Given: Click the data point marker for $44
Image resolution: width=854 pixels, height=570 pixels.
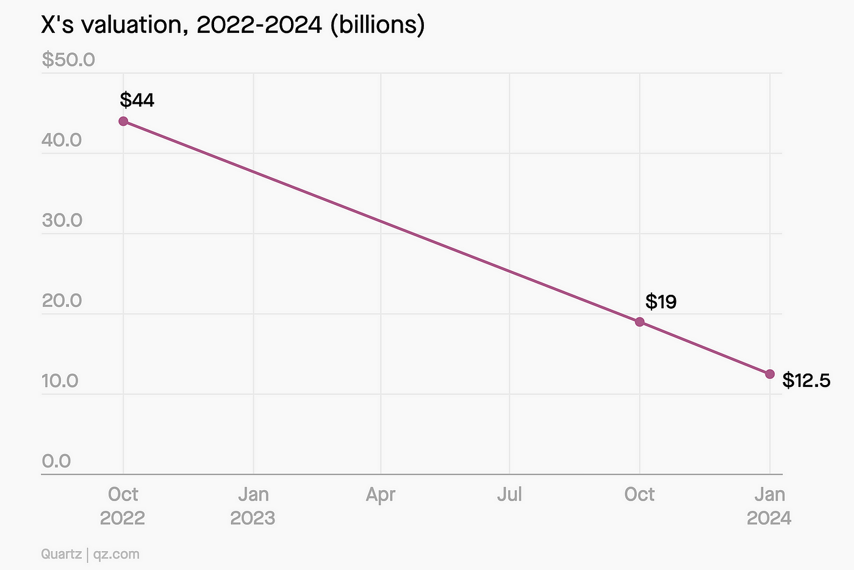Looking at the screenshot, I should coord(123,121).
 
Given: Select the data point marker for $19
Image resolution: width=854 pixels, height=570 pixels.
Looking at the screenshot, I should coord(639,322).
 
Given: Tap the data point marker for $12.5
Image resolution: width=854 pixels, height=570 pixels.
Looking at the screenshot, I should coord(770,373).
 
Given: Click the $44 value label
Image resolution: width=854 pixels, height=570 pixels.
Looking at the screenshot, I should coord(137,99).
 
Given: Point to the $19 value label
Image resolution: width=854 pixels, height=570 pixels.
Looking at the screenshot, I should coord(661,301).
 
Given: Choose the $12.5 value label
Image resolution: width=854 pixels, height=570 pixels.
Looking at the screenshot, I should coord(806,381).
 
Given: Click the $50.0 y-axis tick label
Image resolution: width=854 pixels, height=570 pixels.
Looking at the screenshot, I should coord(68,60).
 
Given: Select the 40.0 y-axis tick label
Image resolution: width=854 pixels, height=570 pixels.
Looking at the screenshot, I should coord(62,140).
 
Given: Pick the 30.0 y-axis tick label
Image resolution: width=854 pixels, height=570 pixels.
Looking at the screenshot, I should coord(62,220).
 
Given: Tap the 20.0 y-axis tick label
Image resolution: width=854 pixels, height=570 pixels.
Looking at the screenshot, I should coord(62,300).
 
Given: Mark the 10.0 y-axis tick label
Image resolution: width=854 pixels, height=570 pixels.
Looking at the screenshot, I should coord(60,381).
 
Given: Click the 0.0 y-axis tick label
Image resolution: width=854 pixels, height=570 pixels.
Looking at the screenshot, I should coord(56,461).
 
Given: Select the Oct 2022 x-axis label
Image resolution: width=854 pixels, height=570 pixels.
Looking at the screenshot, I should coord(123,506).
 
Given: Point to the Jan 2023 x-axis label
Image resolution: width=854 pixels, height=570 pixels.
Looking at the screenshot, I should coord(253,506).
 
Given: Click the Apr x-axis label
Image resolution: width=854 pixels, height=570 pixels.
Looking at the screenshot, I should coord(381,494).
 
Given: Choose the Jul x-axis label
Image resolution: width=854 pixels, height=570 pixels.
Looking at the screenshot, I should coord(509,494).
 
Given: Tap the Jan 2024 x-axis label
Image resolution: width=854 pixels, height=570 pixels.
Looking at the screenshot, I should coord(769,506).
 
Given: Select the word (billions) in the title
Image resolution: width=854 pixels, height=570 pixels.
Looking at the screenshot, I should coord(377,26).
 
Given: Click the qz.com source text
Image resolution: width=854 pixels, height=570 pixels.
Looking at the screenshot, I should coord(116,554).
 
